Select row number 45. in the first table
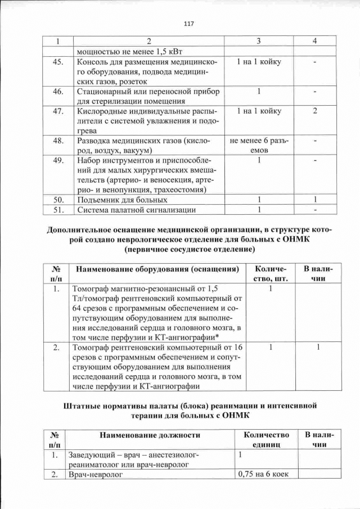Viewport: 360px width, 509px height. tap(57, 61)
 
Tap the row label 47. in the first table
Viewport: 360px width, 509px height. tap(57, 111)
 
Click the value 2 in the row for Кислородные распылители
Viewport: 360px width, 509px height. tap(315, 111)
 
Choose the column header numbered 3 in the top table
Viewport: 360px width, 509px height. tap(258, 41)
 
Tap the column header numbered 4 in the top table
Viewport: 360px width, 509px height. tap(315, 41)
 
